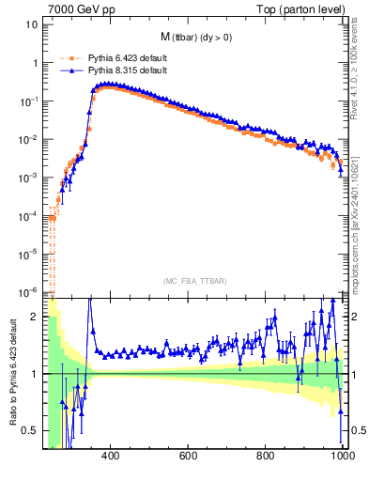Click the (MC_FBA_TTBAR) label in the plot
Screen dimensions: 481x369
click(194, 282)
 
